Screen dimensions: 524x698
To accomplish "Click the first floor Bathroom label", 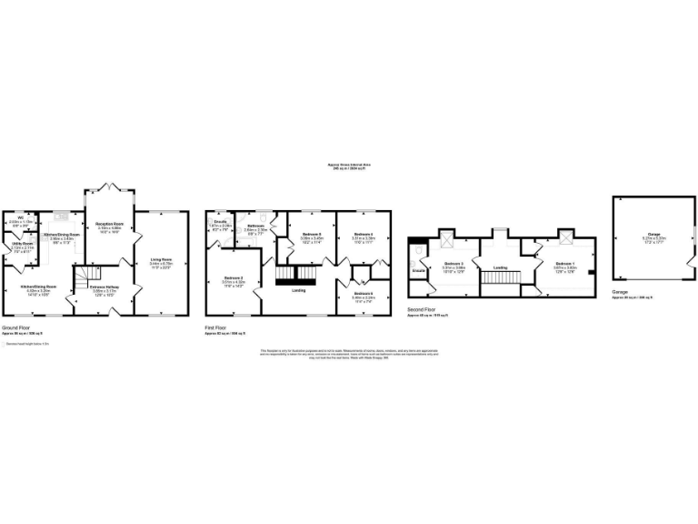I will tap(255, 226).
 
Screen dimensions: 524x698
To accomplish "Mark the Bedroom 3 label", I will tap(454, 264).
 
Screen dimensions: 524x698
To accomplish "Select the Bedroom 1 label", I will tap(566, 263).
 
